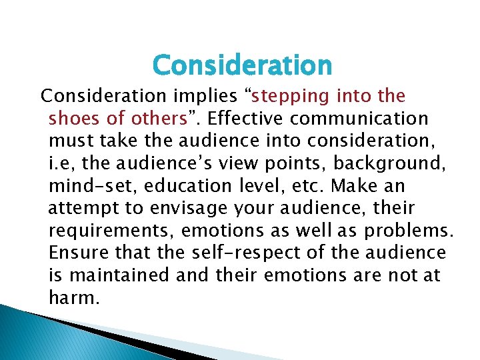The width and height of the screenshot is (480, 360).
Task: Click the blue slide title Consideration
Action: [x=241, y=65]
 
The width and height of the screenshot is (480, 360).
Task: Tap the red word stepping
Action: [x=291, y=96]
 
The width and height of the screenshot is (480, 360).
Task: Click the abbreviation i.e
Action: [x=60, y=164]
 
